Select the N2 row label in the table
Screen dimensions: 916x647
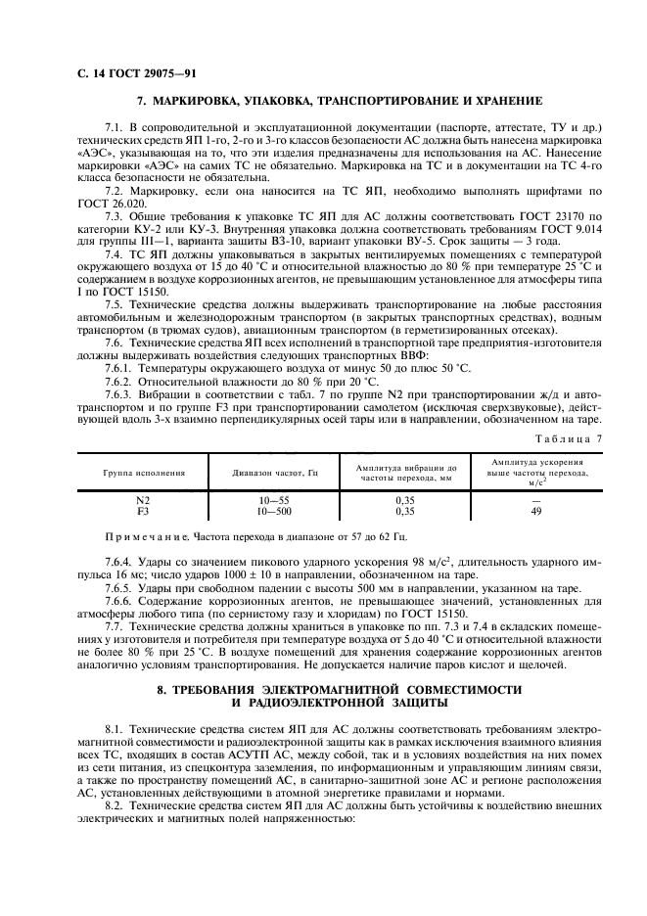click(x=144, y=500)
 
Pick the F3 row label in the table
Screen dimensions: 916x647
click(x=144, y=510)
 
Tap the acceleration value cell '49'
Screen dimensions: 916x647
click(x=535, y=510)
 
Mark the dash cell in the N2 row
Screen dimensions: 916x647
click(x=535, y=500)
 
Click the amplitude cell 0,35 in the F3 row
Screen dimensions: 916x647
click(x=403, y=510)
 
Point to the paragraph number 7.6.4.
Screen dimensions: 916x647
click(x=120, y=564)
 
